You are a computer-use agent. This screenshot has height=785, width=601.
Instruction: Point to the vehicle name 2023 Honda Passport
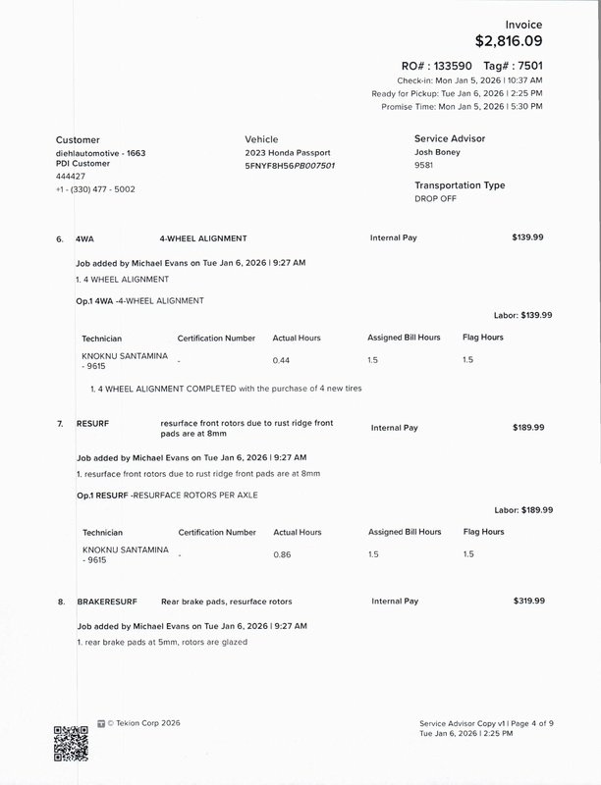(x=288, y=153)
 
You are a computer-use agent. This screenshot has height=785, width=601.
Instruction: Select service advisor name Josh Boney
(x=438, y=153)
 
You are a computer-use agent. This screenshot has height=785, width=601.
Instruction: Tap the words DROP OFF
(x=436, y=198)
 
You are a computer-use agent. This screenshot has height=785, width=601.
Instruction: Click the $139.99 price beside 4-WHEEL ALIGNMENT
(x=528, y=237)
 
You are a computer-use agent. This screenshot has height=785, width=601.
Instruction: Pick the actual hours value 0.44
(x=281, y=360)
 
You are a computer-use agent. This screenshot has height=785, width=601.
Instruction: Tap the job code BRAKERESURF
(x=106, y=601)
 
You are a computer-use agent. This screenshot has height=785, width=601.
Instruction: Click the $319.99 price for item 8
(x=528, y=601)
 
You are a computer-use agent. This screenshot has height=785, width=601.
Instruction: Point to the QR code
(x=71, y=743)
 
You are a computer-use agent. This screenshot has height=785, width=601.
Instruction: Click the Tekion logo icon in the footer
(x=101, y=723)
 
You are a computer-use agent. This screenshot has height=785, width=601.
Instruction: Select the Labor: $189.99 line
(x=523, y=510)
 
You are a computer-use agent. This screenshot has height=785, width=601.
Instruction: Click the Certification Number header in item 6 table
(x=216, y=338)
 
